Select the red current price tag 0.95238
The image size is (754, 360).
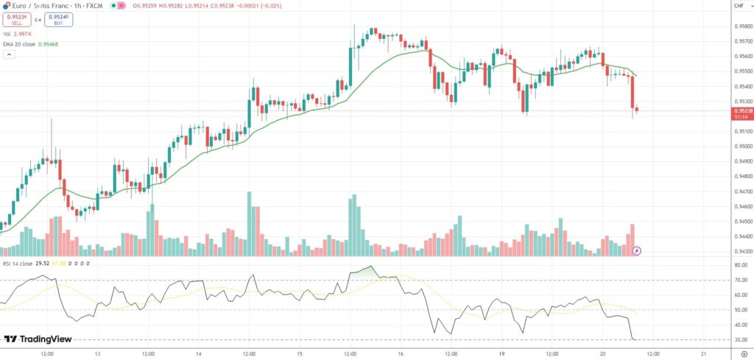pyautogui.click(x=741, y=113)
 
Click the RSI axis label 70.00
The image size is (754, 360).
pyautogui.click(x=739, y=280)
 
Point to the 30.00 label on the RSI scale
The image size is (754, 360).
pyautogui.click(x=739, y=339)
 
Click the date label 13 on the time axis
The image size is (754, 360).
pyautogui.click(x=97, y=354)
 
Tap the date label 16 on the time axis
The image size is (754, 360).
pyautogui.click(x=400, y=354)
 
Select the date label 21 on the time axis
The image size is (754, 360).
pyautogui.click(x=703, y=354)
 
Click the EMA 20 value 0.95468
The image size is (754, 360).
pyautogui.click(x=48, y=44)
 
